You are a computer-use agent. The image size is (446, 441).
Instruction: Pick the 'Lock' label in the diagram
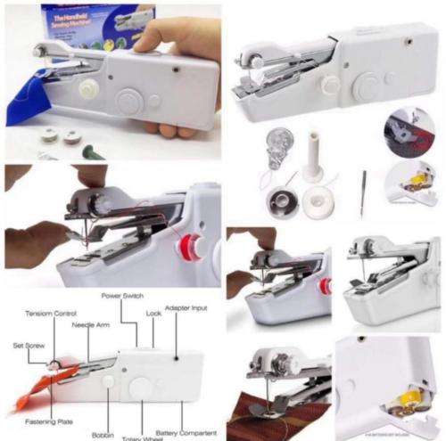[153, 314]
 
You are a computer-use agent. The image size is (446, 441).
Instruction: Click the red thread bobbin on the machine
[188, 248]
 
